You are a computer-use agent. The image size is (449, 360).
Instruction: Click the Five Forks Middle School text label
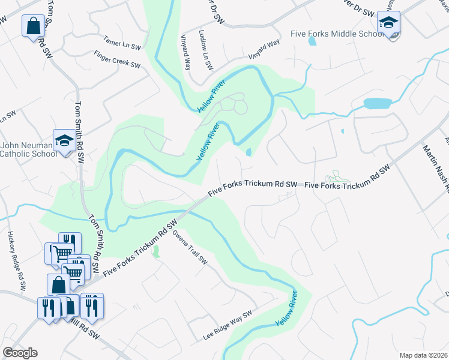pos(337,34)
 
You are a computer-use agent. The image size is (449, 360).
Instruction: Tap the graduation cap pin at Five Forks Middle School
pos(388,24)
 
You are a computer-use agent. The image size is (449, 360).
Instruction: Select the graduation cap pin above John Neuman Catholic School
pos(64,141)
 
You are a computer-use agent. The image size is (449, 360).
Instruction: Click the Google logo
pos(20,353)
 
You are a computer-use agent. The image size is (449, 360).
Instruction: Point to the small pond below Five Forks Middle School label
pos(312,41)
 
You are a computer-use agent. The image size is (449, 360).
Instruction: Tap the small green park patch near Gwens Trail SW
pos(156,251)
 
